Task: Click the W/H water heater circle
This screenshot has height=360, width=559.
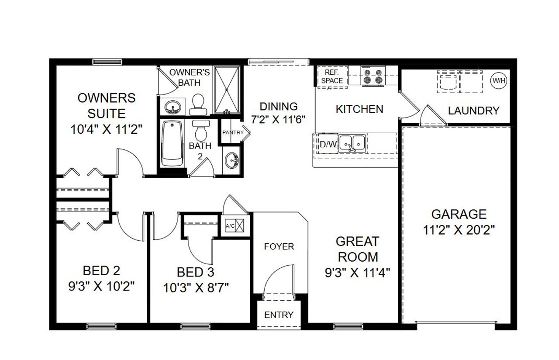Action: (497, 80)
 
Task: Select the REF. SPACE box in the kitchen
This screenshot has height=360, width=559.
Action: (332, 77)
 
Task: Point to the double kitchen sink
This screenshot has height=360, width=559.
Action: (353, 142)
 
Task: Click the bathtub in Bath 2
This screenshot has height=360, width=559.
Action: (172, 143)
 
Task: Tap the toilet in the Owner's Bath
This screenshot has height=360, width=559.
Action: (199, 103)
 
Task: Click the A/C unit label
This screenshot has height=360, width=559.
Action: (230, 226)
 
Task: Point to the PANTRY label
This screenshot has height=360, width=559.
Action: (233, 132)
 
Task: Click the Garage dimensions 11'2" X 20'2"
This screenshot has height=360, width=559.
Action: (459, 230)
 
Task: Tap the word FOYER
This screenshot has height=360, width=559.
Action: (279, 247)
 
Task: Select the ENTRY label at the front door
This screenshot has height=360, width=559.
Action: (279, 315)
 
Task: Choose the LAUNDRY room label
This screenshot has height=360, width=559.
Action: (473, 111)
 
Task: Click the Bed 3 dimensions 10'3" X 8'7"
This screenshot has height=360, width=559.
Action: (196, 287)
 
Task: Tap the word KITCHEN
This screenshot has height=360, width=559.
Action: (359, 109)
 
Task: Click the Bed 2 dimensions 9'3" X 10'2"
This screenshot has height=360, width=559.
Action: (101, 286)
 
